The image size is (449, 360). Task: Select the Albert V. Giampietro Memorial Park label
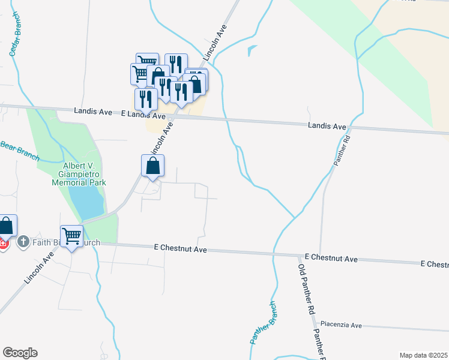click(80, 174)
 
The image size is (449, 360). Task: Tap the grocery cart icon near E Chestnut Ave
click(71, 236)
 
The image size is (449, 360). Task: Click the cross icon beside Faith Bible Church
click(23, 242)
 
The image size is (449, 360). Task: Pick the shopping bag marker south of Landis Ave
click(152, 166)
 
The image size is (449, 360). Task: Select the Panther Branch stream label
click(262, 322)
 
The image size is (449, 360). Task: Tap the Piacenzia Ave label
click(340, 325)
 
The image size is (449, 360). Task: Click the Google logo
click(20, 352)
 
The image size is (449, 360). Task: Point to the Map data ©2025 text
click(423, 355)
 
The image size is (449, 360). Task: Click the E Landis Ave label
click(143, 115)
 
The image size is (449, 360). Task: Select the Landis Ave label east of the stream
click(327, 127)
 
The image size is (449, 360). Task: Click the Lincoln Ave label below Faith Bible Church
click(40, 267)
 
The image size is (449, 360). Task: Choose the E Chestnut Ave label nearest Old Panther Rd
click(331, 258)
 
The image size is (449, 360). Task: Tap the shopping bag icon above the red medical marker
click(6, 226)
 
